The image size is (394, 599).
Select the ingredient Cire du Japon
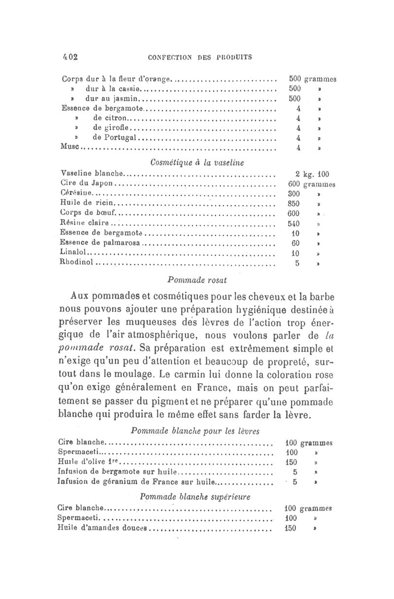[87, 184]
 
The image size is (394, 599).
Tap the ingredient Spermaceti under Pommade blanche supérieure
[79, 518]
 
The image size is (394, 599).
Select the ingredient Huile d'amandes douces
[102, 528]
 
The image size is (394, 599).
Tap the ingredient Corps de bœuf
[89, 213]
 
